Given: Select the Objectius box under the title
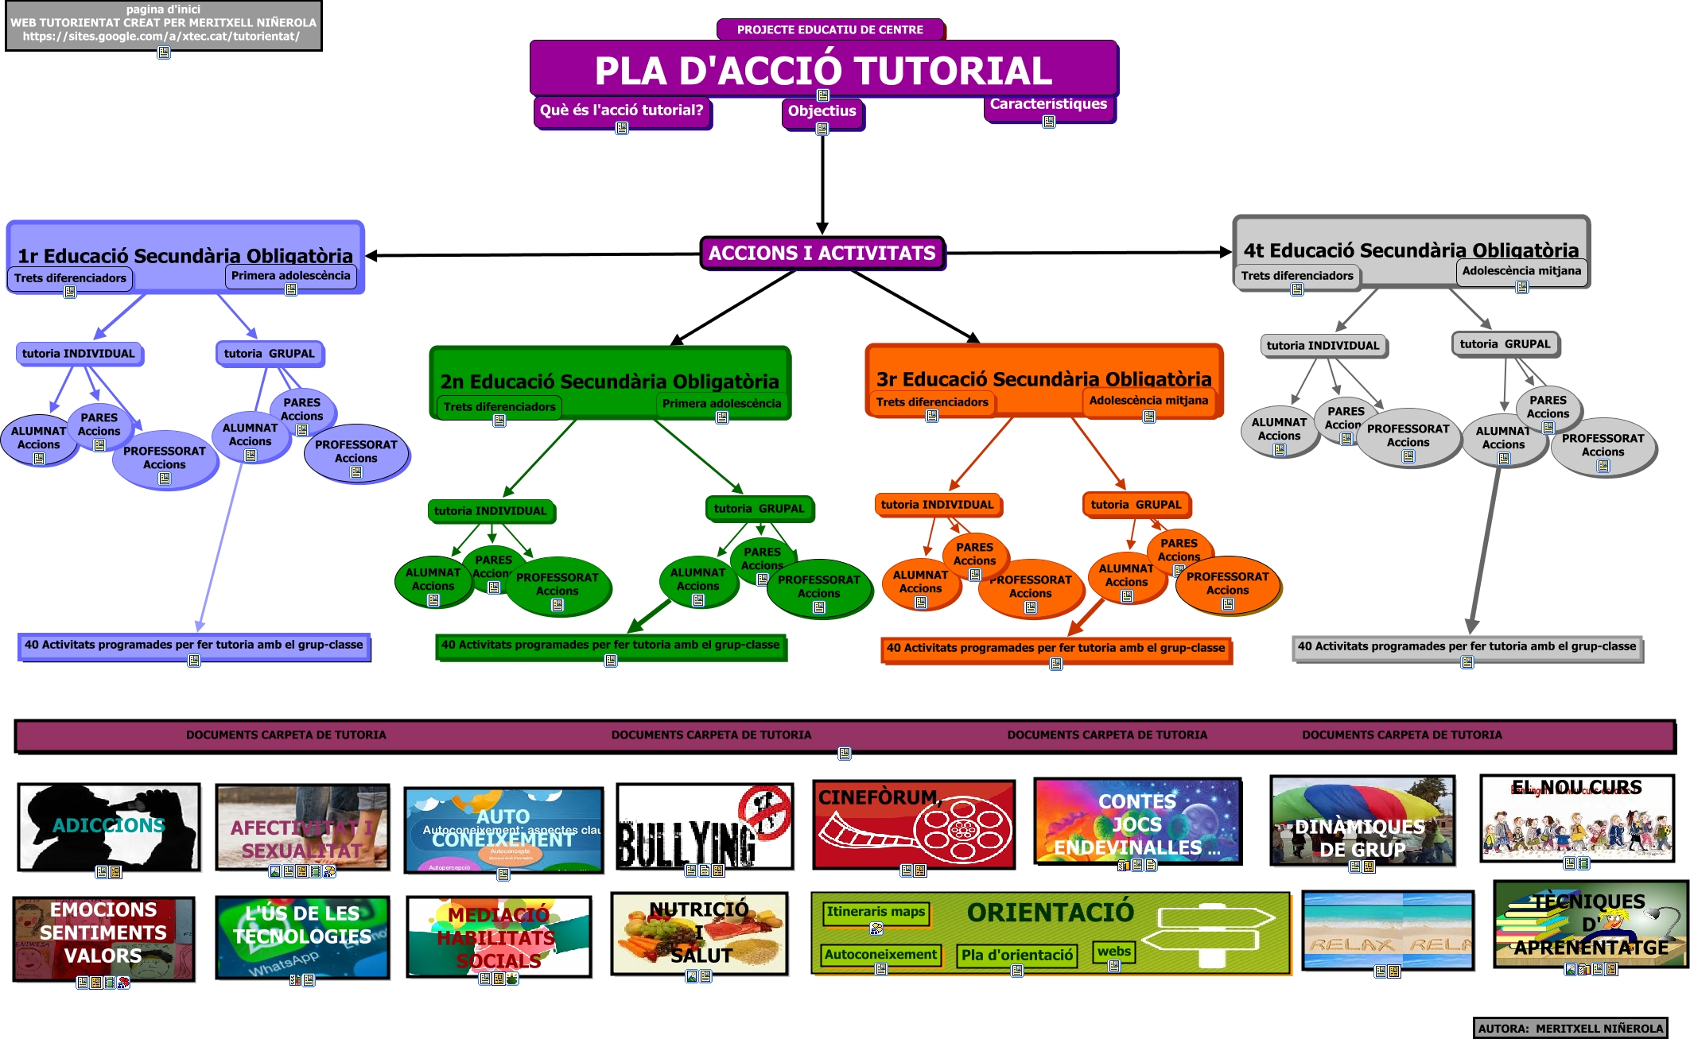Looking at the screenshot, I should click(x=822, y=111).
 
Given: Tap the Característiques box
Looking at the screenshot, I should click(x=1048, y=104).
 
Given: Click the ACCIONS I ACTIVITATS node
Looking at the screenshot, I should click(x=822, y=254).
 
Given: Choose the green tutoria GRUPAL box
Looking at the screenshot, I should click(x=759, y=509).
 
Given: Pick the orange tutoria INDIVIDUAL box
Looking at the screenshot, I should click(x=937, y=505).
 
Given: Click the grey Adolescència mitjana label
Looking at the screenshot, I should click(x=1521, y=271).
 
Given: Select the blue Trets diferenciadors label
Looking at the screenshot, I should click(x=70, y=278).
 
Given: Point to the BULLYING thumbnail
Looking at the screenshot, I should click(x=705, y=827).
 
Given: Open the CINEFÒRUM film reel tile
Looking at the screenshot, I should click(x=914, y=825).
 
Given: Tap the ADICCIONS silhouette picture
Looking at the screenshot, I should click(x=109, y=827).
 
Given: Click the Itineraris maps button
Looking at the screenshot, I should click(x=876, y=912).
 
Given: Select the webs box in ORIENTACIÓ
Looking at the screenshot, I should click(x=1113, y=952).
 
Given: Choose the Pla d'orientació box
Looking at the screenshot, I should click(x=1016, y=956).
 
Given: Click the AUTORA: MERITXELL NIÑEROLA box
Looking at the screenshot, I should click(x=1570, y=1028).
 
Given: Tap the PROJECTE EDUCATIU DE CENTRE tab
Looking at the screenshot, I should click(x=829, y=29).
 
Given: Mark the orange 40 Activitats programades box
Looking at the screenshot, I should click(x=1055, y=649).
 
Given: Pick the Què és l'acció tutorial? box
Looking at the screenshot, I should click(x=621, y=110).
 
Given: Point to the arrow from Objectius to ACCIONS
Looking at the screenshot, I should click(x=822, y=183).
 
